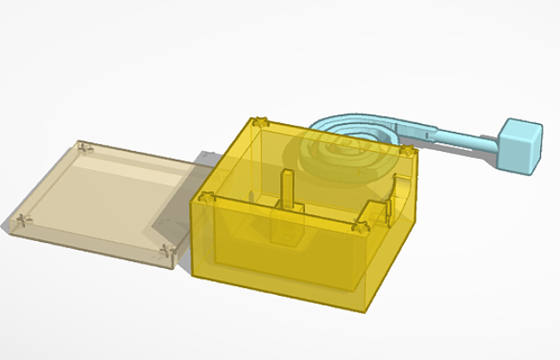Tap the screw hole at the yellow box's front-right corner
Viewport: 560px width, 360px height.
coord(361,228)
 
